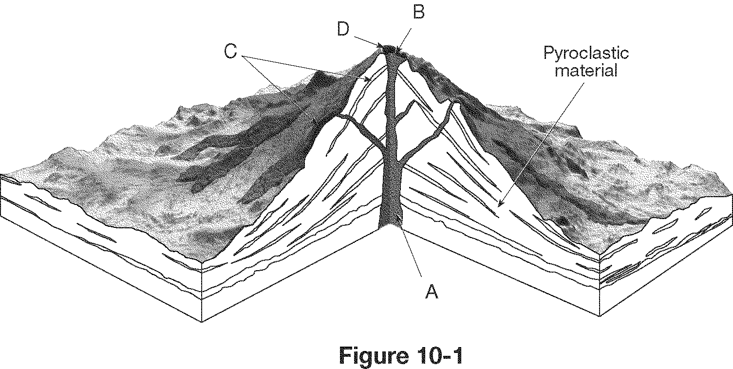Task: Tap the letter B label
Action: (418, 12)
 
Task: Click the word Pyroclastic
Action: (586, 53)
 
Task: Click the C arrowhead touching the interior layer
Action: (368, 80)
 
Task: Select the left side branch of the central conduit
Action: (360, 129)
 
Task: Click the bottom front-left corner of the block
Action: (202, 322)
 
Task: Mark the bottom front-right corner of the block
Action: (600, 316)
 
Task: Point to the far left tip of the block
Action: (1, 175)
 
